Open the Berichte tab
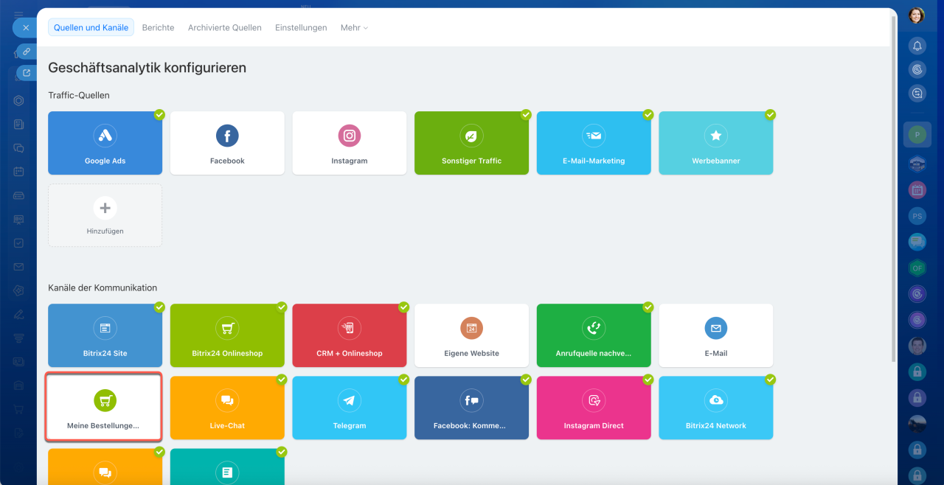click(158, 27)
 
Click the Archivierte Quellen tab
click(225, 27)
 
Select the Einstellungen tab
click(301, 27)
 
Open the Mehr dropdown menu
click(354, 27)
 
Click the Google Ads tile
click(105, 143)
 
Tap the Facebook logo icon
click(227, 136)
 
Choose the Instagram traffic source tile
click(350, 143)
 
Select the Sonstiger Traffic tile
click(471, 143)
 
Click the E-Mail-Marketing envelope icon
click(594, 136)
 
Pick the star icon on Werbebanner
click(716, 136)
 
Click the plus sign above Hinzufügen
click(105, 208)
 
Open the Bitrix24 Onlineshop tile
click(227, 335)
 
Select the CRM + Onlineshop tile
click(350, 335)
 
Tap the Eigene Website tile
click(471, 335)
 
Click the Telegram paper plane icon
click(350, 400)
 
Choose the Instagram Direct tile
click(594, 408)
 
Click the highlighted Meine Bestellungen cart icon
click(105, 400)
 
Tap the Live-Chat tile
click(227, 408)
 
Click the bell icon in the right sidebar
click(917, 46)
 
